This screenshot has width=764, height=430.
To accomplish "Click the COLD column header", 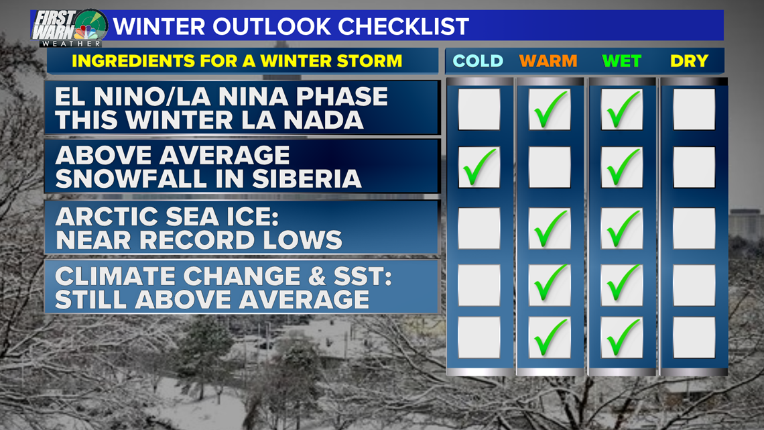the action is (x=477, y=61).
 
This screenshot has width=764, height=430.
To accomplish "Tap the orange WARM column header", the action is (x=548, y=61).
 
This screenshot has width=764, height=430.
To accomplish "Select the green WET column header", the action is (x=622, y=61).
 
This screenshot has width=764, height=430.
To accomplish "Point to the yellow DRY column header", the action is (x=689, y=61).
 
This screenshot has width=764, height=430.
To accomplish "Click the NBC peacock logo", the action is (x=86, y=33).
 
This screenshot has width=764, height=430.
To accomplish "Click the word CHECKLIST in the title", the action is (x=403, y=26).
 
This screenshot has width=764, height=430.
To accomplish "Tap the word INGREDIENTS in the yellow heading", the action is (x=129, y=61).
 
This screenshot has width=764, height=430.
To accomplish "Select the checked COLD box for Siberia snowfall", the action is (x=479, y=168).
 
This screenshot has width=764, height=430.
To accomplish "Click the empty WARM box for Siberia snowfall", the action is (x=550, y=168).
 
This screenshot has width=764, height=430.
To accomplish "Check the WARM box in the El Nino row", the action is (x=550, y=109).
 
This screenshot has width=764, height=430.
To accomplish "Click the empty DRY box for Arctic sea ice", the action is (x=694, y=228).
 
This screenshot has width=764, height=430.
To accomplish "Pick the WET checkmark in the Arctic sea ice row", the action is (x=623, y=228).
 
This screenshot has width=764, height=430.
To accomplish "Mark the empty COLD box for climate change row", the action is (x=479, y=285).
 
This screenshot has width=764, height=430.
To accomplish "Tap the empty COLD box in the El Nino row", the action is (x=479, y=109).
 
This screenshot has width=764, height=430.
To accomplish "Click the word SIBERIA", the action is (x=307, y=178).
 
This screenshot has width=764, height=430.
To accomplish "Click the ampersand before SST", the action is (x=317, y=276).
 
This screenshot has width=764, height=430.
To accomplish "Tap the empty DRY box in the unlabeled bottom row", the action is (x=694, y=337).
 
